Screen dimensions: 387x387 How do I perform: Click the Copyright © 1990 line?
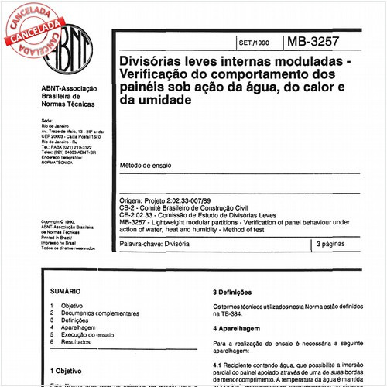59,221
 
